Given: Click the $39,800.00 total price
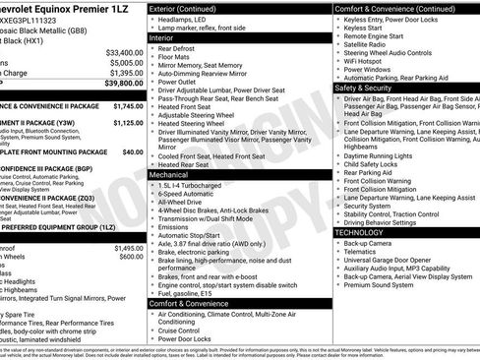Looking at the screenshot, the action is (119, 85).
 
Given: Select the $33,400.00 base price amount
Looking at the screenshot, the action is (124, 51).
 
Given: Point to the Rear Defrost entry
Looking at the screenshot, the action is (178, 47).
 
